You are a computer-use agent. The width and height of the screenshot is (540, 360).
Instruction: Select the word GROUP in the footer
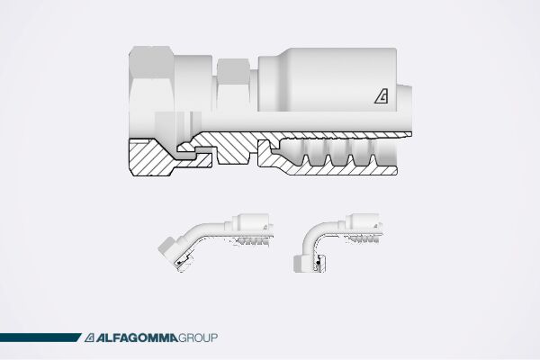click(198, 338)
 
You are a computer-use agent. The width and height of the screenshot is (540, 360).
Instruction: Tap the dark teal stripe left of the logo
click(40, 338)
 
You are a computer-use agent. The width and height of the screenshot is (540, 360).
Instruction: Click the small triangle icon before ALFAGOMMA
click(91, 338)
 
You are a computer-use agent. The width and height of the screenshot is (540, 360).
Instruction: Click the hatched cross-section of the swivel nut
click(148, 159)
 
